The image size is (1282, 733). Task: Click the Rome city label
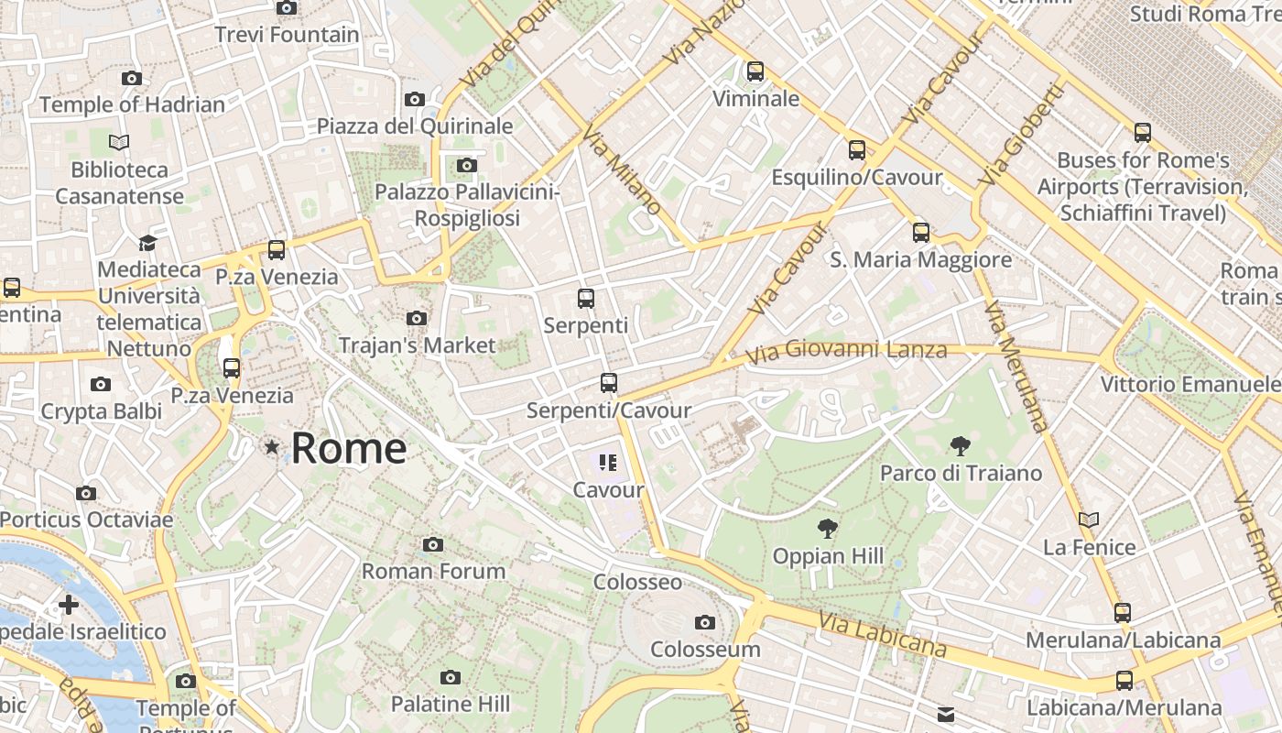(349, 448)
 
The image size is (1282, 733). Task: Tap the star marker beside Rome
(271, 447)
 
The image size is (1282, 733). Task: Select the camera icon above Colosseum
(704, 623)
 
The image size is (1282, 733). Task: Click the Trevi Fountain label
(287, 35)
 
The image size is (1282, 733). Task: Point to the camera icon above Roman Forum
(433, 545)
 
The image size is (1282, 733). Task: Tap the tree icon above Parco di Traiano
(961, 447)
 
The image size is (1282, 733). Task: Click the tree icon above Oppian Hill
(828, 529)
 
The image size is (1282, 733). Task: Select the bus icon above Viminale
(755, 71)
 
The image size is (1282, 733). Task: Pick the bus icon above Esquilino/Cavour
(857, 150)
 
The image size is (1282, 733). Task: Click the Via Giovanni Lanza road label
(846, 351)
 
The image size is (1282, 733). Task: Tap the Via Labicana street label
(883, 635)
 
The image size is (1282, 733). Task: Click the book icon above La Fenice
(1089, 520)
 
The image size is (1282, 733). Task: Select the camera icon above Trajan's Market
(417, 319)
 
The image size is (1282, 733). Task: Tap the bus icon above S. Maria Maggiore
(921, 233)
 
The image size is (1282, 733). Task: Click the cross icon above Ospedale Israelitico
(69, 605)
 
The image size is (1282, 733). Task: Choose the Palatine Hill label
(451, 704)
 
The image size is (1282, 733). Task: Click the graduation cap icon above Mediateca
(147, 243)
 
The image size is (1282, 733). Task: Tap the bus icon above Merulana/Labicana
(1123, 613)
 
